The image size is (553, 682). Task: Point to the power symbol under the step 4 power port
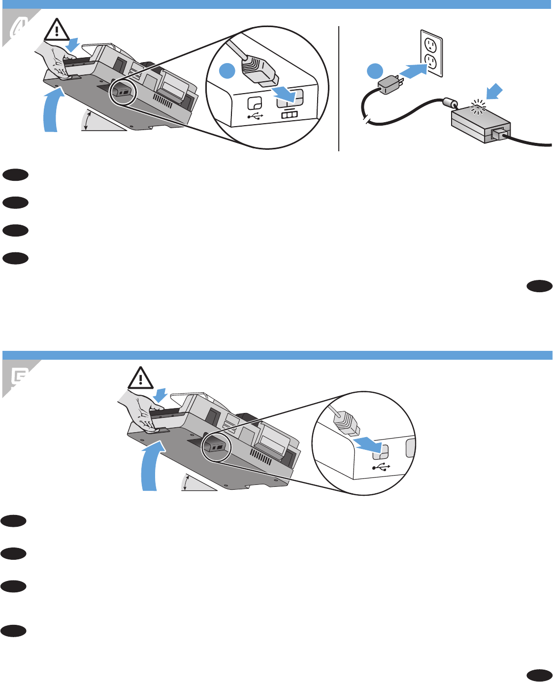pos(289,114)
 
